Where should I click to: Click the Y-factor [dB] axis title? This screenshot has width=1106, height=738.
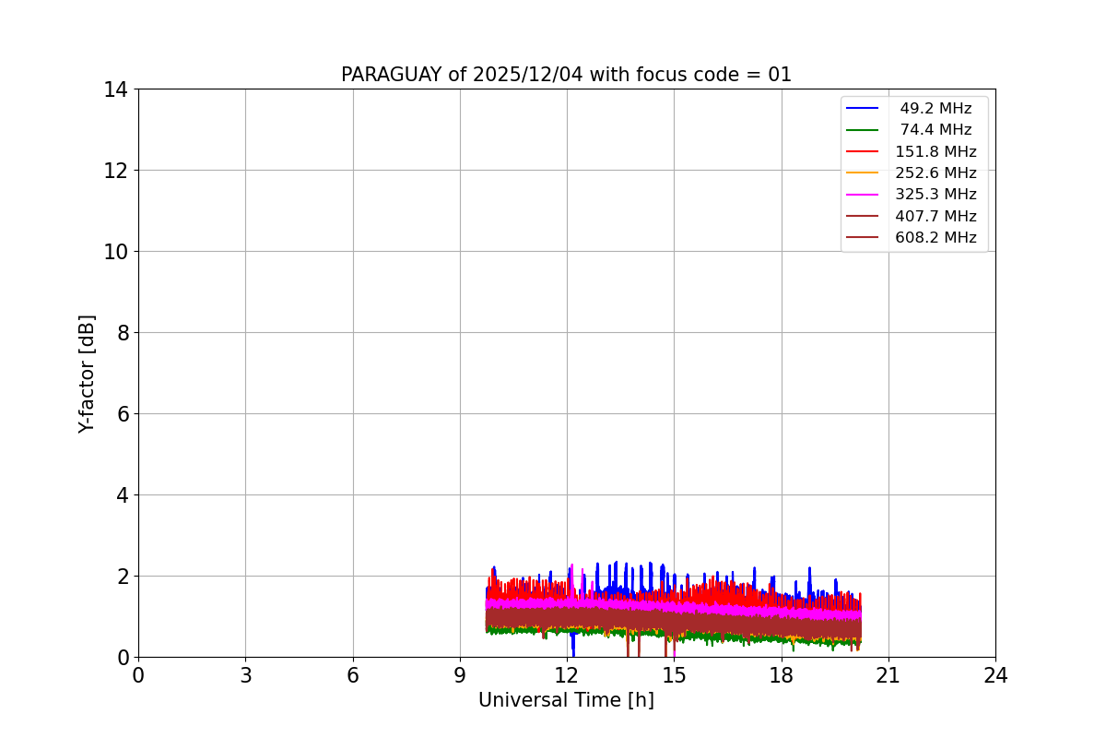pos(87,374)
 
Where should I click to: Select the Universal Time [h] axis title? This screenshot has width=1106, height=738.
pos(566,701)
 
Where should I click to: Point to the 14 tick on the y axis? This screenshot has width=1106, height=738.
pos(115,89)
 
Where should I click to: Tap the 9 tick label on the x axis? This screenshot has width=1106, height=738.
pos(460,675)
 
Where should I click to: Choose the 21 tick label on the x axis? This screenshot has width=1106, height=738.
pos(888,675)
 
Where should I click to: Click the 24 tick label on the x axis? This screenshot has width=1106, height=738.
pos(995,675)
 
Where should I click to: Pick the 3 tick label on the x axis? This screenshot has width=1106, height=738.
pos(245,675)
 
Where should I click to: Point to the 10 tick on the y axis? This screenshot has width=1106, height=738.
pos(115,252)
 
